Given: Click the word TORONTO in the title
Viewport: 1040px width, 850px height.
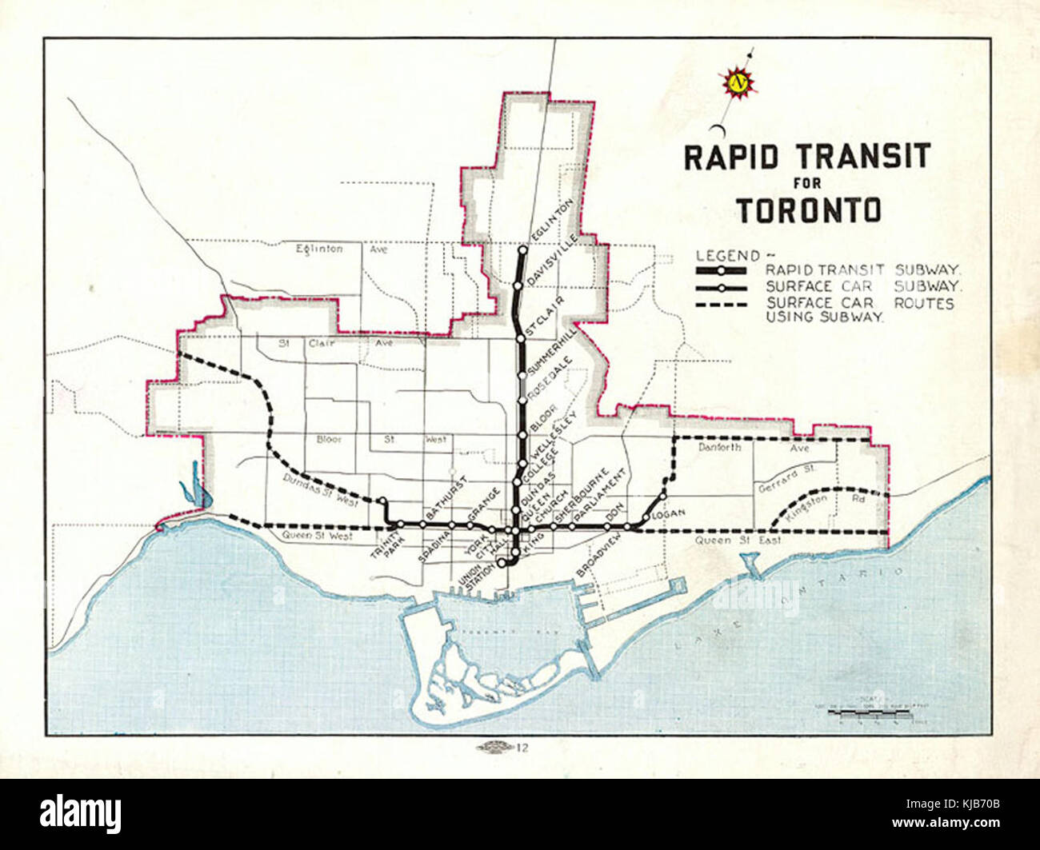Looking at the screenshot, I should click(808, 210).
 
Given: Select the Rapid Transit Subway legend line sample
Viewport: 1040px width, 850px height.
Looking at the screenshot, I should click(721, 271).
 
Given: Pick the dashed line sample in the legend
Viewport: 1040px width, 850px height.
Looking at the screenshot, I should click(721, 304).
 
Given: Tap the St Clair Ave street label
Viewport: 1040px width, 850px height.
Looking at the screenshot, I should click(336, 343).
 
